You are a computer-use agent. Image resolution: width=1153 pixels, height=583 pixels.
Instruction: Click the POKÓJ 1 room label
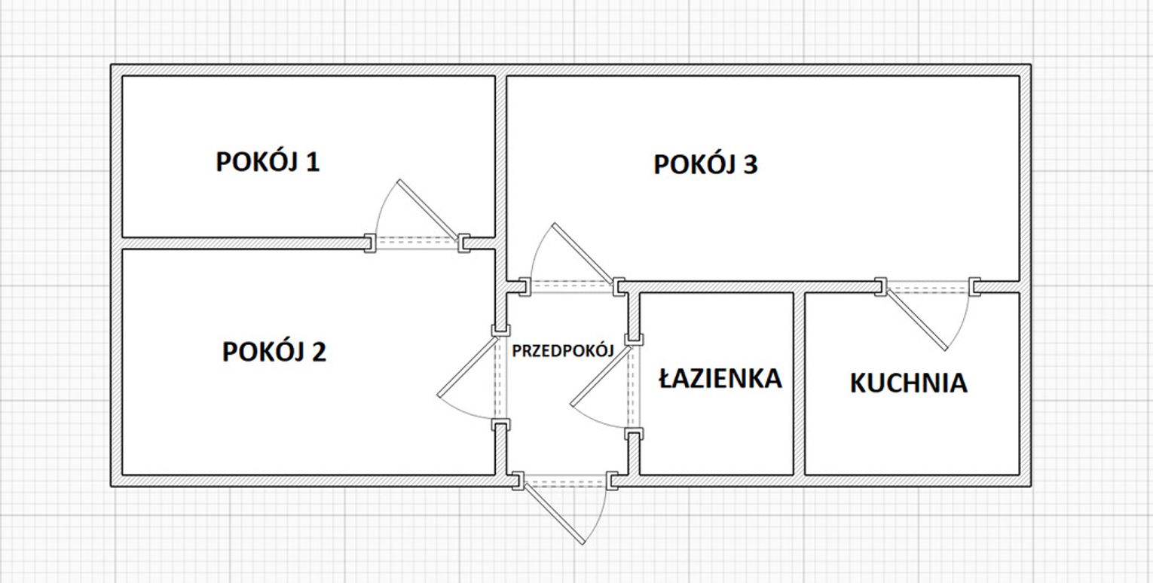(x=268, y=162)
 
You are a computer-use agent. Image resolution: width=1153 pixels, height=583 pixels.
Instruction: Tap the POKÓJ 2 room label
(x=274, y=352)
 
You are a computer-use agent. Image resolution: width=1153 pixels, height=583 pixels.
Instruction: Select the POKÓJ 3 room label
(x=705, y=165)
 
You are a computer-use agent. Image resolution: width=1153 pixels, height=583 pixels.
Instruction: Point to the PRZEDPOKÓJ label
(x=563, y=351)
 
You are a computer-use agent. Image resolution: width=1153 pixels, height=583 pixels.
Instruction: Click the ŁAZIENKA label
(x=720, y=378)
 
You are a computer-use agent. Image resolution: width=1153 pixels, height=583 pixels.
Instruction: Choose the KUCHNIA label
(x=909, y=383)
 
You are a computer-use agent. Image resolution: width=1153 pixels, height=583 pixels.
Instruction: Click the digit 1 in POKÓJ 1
(x=313, y=162)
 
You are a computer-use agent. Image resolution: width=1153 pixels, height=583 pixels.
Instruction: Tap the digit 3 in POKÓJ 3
(x=751, y=165)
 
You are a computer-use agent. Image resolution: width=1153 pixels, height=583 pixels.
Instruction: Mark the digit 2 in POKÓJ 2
(x=319, y=352)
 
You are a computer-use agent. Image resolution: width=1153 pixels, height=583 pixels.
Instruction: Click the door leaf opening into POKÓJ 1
(x=428, y=210)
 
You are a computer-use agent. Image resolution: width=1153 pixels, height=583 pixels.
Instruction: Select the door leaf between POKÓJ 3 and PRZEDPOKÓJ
(x=583, y=253)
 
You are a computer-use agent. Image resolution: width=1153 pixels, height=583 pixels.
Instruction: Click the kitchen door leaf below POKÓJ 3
(x=916, y=320)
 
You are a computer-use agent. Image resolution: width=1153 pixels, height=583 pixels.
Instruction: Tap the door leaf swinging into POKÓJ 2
(x=469, y=366)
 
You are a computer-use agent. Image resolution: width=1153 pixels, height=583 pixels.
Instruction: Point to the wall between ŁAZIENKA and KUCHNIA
(x=799, y=384)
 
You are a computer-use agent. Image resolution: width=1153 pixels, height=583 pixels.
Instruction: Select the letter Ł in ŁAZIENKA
(x=667, y=378)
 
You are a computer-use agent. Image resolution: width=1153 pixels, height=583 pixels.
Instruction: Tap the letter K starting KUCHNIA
(x=858, y=383)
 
